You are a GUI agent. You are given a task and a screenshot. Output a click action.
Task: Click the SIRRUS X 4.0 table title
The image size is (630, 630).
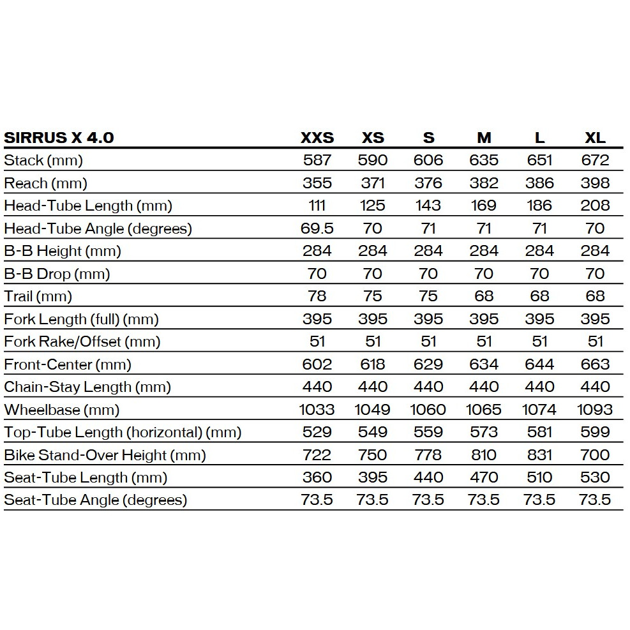pos(59,137)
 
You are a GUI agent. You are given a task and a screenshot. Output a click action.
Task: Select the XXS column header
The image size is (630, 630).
pos(317,137)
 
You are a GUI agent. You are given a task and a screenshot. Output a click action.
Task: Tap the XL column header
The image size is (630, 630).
pos(595,137)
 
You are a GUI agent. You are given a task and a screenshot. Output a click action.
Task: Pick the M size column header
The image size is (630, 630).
pos(484,137)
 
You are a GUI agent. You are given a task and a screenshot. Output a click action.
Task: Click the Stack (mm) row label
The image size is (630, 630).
pos(43,160)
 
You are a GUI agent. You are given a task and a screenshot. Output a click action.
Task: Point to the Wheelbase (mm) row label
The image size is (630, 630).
pos(62,410)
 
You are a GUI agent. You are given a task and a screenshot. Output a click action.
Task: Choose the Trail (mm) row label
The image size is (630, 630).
pos(38,296)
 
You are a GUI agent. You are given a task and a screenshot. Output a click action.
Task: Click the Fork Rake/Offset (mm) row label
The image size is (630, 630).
pos(82,341)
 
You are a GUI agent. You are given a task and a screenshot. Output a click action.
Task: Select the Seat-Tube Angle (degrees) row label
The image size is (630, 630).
pos(96,500)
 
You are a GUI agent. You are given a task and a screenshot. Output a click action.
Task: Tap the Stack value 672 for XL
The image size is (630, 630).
pos(595,160)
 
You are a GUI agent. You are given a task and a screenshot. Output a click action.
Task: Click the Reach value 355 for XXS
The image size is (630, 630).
pos(317,183)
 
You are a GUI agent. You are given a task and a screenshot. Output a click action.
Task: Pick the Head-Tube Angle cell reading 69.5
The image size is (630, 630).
pos(317,229)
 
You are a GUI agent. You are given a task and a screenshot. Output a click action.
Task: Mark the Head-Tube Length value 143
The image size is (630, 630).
pos(428,206)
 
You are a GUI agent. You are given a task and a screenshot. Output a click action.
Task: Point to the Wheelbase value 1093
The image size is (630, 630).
pos(595,410)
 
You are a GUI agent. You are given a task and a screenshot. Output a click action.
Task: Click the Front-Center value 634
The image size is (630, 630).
pos(484,364)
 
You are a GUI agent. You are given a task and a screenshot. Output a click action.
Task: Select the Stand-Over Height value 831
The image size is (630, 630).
pos(539,455)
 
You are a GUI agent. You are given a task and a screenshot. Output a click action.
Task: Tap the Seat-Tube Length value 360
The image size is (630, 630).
pos(317,477)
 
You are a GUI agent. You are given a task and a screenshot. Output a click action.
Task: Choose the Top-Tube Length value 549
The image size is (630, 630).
pos(373,432)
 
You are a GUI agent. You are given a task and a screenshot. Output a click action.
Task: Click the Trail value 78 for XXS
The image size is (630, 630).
pos(317,296)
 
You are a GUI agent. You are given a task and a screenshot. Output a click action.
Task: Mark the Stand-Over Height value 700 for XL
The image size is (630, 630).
pos(595,455)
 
